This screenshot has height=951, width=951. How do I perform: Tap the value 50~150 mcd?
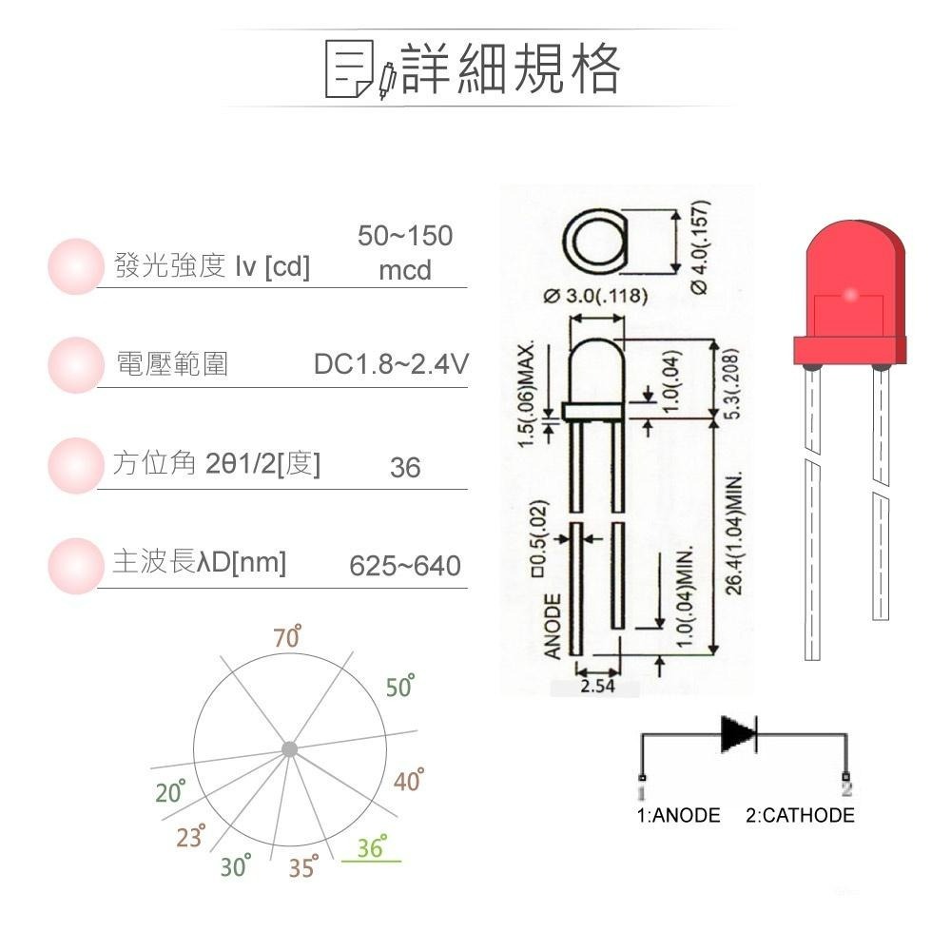405,253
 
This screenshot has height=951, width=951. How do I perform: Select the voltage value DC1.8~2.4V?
391,365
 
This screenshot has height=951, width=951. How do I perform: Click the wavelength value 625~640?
405,567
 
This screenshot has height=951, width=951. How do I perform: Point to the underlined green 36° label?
371,848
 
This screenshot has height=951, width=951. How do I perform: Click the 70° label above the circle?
287,638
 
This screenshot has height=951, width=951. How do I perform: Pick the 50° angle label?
400,687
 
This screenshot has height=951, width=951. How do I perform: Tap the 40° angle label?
408,781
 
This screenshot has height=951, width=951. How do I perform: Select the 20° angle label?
170,791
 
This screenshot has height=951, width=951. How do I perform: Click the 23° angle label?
190,837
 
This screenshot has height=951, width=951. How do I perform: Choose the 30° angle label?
235,866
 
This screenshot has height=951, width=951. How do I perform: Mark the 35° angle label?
302,867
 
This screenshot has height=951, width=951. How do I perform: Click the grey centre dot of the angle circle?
289,749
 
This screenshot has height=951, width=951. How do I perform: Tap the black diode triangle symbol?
738,733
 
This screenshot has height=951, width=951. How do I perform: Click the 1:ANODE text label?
678,815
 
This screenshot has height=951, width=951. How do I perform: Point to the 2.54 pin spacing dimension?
596,686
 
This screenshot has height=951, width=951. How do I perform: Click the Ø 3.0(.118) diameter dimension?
596,296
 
